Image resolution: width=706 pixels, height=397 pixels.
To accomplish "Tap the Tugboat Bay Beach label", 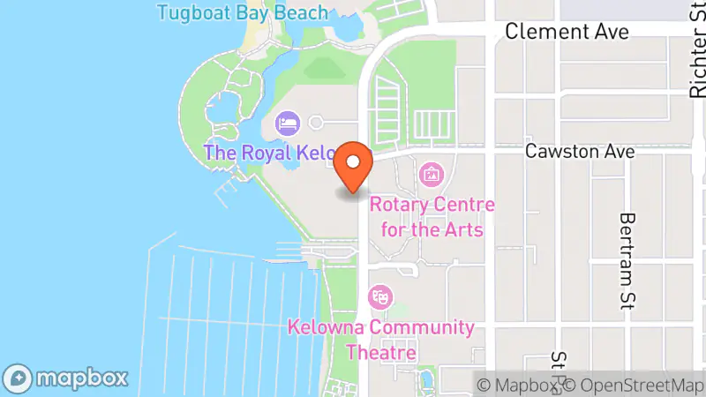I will [x=242, y=12].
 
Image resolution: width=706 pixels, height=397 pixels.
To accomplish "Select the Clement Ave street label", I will [x=567, y=32].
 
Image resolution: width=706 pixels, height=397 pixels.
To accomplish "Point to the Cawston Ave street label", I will [x=580, y=152].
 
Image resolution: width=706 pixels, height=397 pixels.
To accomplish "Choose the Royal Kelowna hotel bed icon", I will [x=287, y=123].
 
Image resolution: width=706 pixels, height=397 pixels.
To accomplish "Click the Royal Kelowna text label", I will [x=267, y=152].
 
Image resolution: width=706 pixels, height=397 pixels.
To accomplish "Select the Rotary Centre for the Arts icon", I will [x=431, y=174].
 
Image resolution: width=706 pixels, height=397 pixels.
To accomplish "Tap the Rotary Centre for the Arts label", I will [x=432, y=217].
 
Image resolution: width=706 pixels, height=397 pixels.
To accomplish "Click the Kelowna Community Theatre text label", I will [x=381, y=340].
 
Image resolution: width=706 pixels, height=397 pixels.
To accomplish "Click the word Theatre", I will [x=381, y=353].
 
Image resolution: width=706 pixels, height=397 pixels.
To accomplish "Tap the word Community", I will [x=421, y=327].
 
